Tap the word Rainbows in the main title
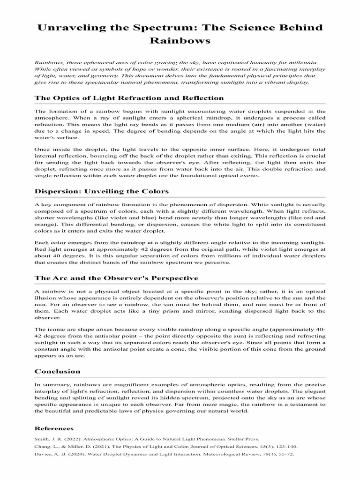pyautogui.click(x=180, y=41)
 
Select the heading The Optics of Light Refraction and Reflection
pyautogui.click(x=129, y=97)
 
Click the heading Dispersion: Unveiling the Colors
pyautogui.click(x=102, y=191)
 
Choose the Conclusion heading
pyautogui.click(x=58, y=371)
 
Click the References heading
pyautogui.click(x=54, y=428)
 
